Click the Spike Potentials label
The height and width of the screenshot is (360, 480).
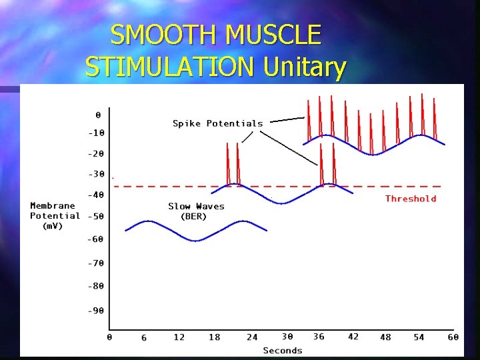tap(217, 123)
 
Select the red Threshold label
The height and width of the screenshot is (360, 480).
tap(411, 199)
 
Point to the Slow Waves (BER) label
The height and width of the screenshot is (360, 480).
tap(196, 211)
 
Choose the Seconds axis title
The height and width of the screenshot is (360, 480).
tap(282, 350)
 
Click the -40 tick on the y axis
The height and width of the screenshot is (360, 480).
tap(96, 195)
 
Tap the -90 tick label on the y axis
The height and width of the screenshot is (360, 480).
tap(96, 310)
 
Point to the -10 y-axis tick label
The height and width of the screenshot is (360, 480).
tap(96, 133)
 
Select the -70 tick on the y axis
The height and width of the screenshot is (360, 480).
tap(96, 263)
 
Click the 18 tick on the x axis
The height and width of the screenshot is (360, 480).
tap(215, 337)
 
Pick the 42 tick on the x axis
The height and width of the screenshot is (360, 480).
tap(353, 337)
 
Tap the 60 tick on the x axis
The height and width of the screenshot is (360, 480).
tap(454, 337)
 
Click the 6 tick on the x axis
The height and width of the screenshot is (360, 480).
tap(144, 338)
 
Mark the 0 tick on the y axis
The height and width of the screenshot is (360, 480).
tap(99, 115)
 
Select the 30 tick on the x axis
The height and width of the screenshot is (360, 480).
tap(287, 337)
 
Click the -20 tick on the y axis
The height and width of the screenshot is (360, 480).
tap(96, 153)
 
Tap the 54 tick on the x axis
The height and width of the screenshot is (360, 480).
tap(419, 337)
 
